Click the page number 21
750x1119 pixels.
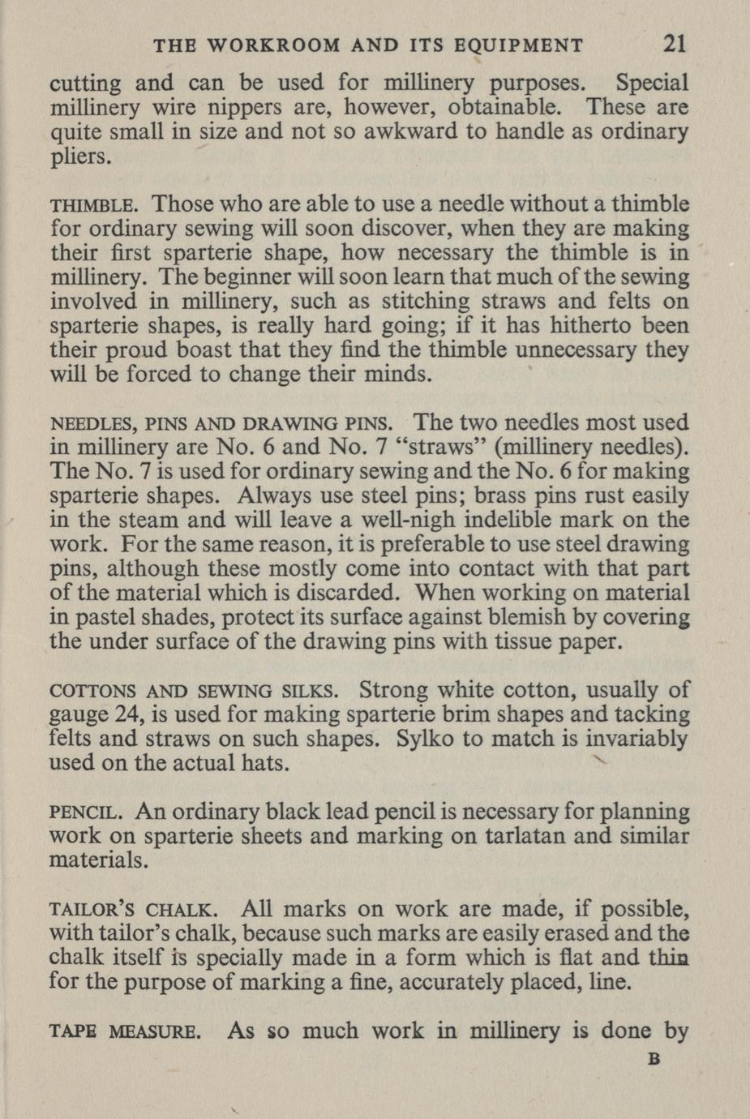tap(674, 43)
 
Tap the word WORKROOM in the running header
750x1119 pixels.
tap(273, 45)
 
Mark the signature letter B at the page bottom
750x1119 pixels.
tap(654, 1059)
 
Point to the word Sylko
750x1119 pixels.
tap(426, 740)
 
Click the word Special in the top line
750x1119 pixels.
tap(652, 83)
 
